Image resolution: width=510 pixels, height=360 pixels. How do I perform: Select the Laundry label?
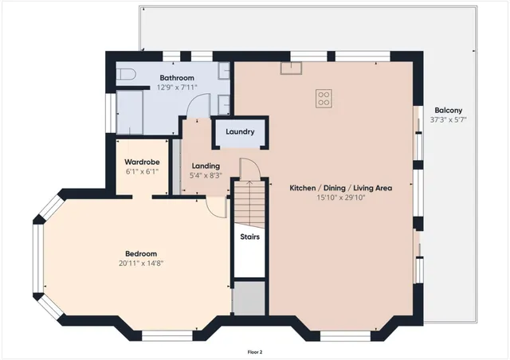[x=240, y=132]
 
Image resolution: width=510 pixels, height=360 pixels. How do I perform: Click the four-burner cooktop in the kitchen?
[x=324, y=98]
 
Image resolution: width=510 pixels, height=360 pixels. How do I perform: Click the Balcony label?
[x=448, y=111]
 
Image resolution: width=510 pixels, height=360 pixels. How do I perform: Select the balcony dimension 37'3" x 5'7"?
[x=448, y=120]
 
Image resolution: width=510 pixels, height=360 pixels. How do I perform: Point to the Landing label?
[x=205, y=166]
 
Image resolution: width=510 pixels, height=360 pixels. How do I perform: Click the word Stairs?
[x=249, y=237]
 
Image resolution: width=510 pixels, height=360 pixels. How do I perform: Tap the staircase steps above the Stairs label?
[x=248, y=203]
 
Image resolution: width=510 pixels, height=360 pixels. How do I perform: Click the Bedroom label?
[x=141, y=254]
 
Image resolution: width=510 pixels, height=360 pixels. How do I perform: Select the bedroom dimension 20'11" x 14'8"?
[x=141, y=264]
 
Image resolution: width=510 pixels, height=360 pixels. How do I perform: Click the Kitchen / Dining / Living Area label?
[x=340, y=188]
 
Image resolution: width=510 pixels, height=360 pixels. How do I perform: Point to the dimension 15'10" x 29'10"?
[x=340, y=198]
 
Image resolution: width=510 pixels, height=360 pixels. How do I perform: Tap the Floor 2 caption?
[x=254, y=351]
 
